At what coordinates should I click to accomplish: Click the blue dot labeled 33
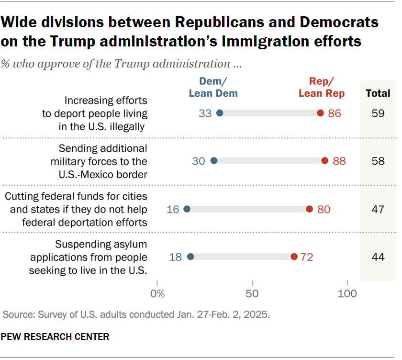[220, 113]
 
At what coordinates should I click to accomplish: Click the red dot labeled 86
[320, 113]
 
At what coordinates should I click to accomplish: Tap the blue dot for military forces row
[214, 161]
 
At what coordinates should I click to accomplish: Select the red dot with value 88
[324, 161]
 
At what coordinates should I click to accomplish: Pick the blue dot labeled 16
[187, 209]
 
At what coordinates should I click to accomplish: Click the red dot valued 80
[309, 209]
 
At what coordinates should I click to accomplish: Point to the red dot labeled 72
[294, 257]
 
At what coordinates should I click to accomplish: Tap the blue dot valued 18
[190, 257]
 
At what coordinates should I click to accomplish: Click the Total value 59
[378, 113]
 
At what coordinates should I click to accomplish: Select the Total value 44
[378, 257]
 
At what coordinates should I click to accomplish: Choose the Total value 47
[378, 209]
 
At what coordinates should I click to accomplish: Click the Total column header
[378, 93]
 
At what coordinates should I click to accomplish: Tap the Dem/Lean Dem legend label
[213, 88]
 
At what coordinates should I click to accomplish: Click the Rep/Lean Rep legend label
[322, 88]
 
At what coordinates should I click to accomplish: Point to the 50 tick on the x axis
[252, 293]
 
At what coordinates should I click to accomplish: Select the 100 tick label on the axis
[347, 293]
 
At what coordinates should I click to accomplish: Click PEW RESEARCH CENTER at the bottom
[55, 337]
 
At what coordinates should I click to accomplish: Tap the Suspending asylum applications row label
[89, 257]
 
